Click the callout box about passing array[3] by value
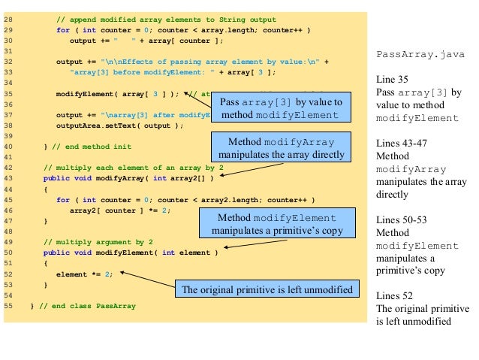tap(279, 108)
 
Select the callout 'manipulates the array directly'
tap(288, 148)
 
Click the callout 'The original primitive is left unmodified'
tap(267, 290)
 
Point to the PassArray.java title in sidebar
tap(420, 54)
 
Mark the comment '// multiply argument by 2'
tap(98, 242)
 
